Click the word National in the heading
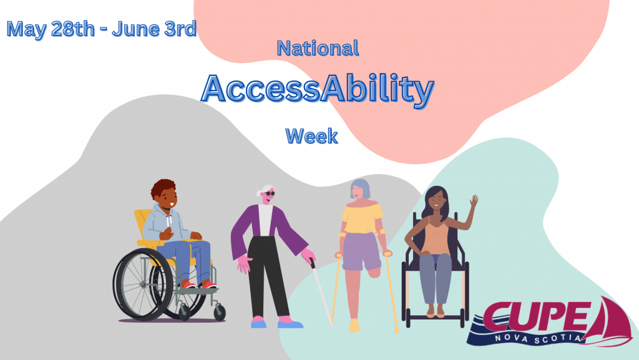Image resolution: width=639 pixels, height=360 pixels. coord(318,48)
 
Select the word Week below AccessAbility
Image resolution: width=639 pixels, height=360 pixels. coord(311,135)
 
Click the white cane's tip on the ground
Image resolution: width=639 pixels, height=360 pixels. coord(330,324)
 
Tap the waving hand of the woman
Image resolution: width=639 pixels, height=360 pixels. coord(474,202)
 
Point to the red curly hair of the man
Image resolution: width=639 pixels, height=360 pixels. coord(163,187)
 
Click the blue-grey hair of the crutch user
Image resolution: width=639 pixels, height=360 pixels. coord(360,185)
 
